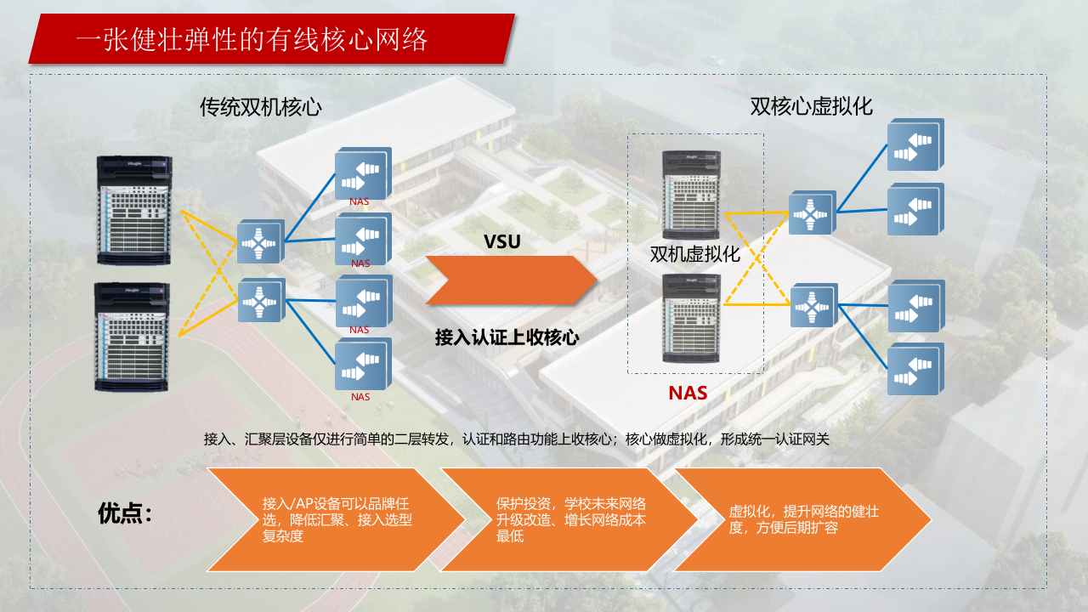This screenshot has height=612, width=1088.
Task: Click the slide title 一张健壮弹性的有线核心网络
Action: (x=252, y=39)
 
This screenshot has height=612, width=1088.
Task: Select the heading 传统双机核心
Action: (x=260, y=107)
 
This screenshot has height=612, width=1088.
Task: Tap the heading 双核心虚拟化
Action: (x=811, y=106)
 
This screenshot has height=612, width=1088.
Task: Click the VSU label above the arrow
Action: (x=501, y=241)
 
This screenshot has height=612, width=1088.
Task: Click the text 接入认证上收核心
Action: (x=507, y=337)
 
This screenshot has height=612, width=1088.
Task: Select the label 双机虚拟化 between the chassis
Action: (x=694, y=254)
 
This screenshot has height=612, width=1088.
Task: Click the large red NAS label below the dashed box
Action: (x=688, y=393)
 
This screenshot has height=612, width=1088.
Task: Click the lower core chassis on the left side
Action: (x=132, y=337)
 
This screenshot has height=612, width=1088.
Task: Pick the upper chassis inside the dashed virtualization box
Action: (x=691, y=195)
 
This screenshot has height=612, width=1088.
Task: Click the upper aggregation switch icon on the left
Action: (x=259, y=244)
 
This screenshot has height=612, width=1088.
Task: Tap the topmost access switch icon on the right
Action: (x=915, y=145)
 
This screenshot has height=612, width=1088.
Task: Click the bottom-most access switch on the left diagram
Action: (x=362, y=365)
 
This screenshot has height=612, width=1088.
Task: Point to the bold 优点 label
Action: (x=125, y=513)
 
